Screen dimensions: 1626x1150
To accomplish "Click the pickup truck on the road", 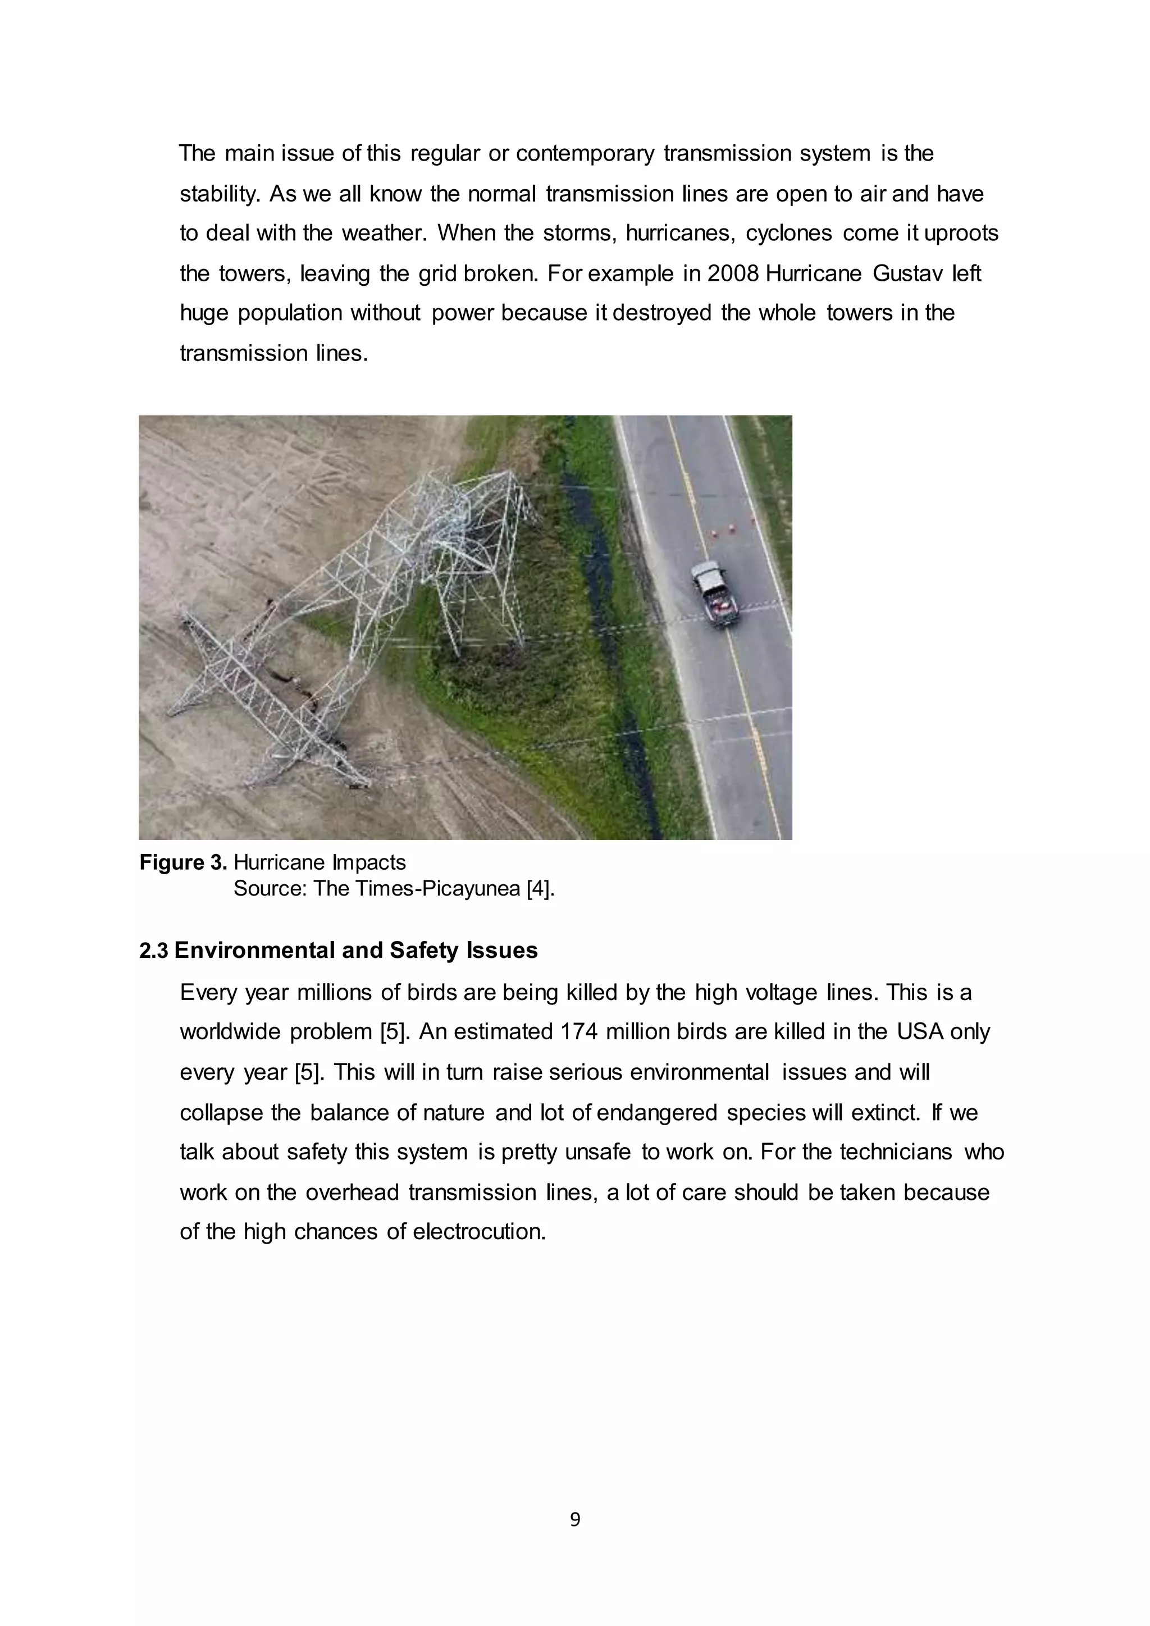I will pyautogui.click(x=715, y=593).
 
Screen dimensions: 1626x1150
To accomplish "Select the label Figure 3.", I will pyautogui.click(x=182, y=862).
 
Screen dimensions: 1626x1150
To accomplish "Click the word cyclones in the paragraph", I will pyautogui.click(x=789, y=234).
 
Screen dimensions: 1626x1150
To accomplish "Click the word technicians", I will pyautogui.click(x=896, y=1152).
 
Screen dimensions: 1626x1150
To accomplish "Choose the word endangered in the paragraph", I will pyautogui.click(x=657, y=1113).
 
